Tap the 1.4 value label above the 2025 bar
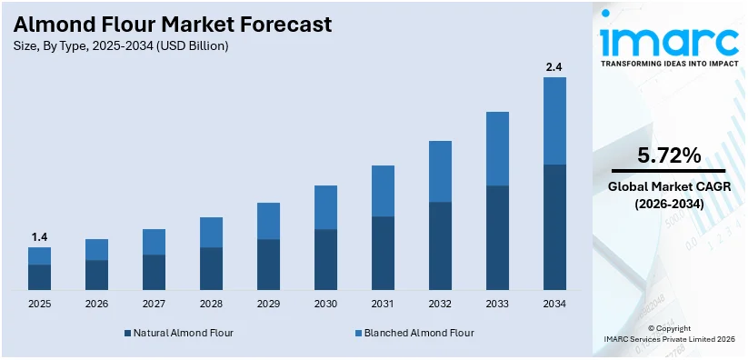coord(39,237)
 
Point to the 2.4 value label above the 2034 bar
coord(554,66)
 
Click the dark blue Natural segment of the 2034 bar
coord(554,227)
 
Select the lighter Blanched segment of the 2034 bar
coord(554,121)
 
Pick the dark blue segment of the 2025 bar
coord(39,277)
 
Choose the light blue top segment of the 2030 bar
coord(325,207)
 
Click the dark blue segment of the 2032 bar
coord(440,245)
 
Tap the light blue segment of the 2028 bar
coord(211,232)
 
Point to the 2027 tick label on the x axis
coord(154,304)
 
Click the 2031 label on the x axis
coord(383,304)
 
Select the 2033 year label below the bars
coord(497,304)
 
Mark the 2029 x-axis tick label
coord(268,304)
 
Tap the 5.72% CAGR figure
coord(669,156)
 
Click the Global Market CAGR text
coord(669,187)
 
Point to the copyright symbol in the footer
coord(652,328)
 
